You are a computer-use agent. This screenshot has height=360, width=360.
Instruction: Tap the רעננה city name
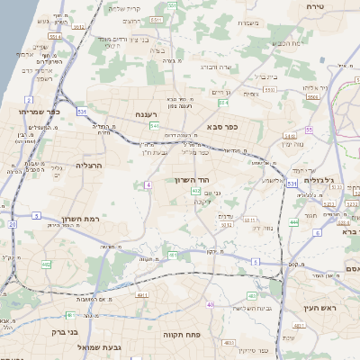point(148,114)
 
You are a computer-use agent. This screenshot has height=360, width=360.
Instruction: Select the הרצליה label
point(90,166)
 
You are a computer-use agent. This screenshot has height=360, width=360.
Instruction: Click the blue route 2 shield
point(30,100)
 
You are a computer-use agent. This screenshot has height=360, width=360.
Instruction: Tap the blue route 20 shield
point(13,224)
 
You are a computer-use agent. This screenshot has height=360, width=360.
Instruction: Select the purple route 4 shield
point(147,184)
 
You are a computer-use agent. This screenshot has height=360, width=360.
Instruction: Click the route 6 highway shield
point(318,232)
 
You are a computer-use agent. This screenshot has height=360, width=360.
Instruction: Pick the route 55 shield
point(309,130)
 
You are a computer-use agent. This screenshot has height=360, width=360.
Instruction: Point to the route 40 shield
point(209,306)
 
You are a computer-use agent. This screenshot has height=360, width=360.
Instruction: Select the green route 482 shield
point(46,265)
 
